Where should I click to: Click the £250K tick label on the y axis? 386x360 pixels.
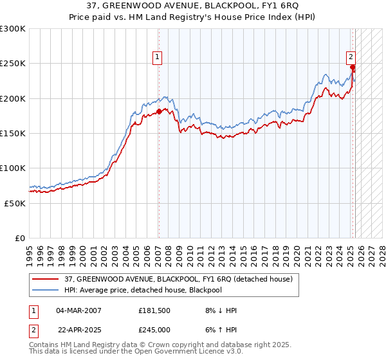13,64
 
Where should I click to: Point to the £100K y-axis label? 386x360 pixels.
13,168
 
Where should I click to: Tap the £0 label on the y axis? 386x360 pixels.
21,238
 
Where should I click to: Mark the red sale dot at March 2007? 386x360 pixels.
159,111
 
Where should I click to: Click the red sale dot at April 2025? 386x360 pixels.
353,67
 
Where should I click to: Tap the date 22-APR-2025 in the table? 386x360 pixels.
79,329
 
